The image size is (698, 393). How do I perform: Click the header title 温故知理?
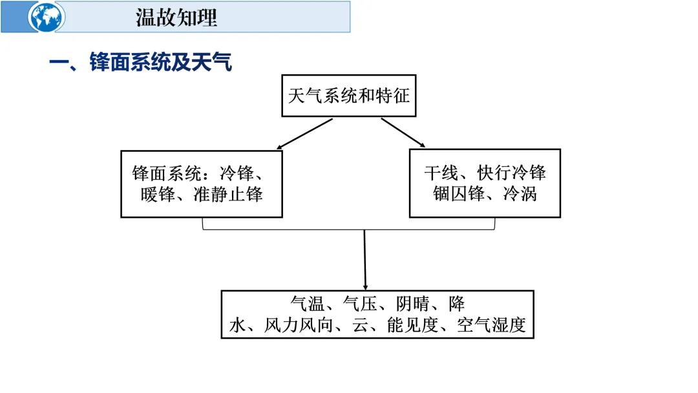coord(176,17)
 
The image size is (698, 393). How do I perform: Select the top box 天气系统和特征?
coord(349,96)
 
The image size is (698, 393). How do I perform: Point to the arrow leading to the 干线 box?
coord(403,134)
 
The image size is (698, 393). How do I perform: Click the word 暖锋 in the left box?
coord(157,194)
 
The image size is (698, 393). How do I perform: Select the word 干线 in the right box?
coord(441,173)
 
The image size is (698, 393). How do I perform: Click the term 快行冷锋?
coord(512,173)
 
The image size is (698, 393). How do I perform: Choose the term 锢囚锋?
coord(459,193)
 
